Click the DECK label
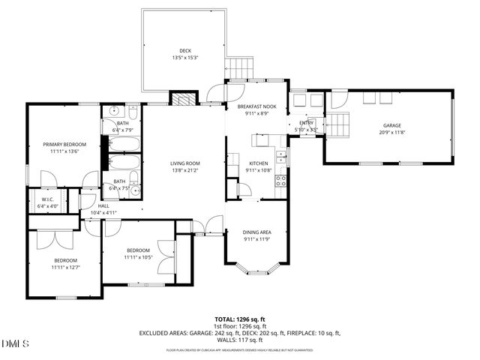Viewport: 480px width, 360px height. pyautogui.click(x=184, y=50)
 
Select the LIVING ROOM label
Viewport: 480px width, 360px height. pyautogui.click(x=184, y=163)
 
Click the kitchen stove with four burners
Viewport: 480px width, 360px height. pyautogui.click(x=282, y=180)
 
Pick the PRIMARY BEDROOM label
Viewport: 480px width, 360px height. pyautogui.click(x=64, y=144)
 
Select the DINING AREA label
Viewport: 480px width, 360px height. pyautogui.click(x=257, y=232)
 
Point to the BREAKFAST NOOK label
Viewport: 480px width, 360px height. pyautogui.click(x=257, y=106)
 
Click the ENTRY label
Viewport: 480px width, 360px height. pyautogui.click(x=307, y=123)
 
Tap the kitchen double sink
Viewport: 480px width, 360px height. pyautogui.click(x=280, y=156)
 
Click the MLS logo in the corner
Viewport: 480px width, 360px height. pyautogui.click(x=15, y=344)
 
